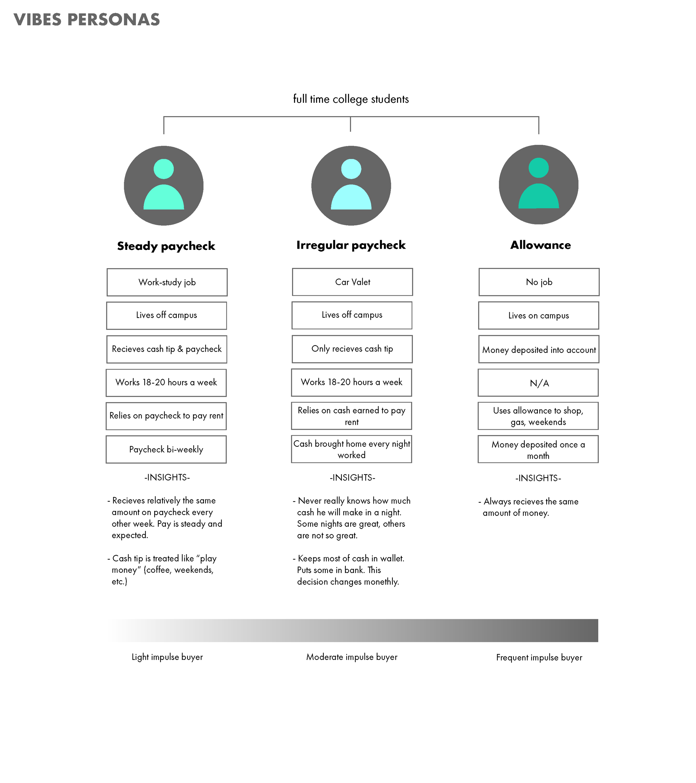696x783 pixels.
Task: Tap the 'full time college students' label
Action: tap(351, 99)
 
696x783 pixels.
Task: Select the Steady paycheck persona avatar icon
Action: tap(164, 186)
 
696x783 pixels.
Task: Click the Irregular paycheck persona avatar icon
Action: tap(351, 186)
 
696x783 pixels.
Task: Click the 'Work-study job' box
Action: tap(167, 282)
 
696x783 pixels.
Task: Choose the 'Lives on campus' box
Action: tap(538, 316)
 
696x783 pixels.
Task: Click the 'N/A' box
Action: tap(538, 383)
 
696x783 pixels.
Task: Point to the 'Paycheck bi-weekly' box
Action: tap(166, 449)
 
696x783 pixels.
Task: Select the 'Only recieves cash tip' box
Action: tap(352, 349)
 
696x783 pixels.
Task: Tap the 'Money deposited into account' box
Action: tap(539, 349)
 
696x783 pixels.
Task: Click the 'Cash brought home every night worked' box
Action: tap(351, 449)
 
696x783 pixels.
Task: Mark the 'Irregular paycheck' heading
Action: tap(351, 245)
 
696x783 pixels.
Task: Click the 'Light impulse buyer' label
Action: tap(167, 657)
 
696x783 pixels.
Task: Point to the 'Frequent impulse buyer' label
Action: tap(539, 658)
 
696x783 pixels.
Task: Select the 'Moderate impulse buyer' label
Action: tap(351, 657)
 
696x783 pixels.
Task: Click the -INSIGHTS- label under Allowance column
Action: tap(538, 478)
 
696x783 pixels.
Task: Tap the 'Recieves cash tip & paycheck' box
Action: tap(166, 349)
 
